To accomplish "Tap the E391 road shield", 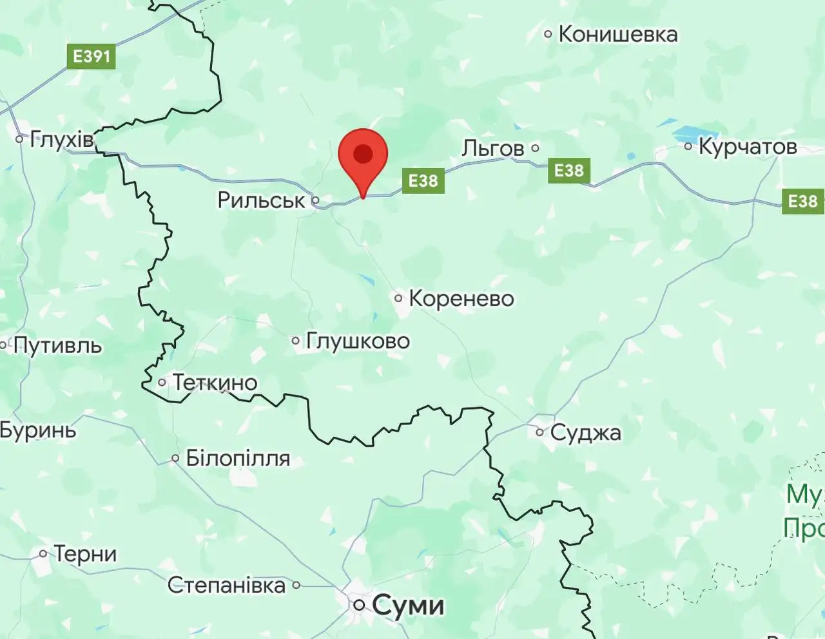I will [x=92, y=56].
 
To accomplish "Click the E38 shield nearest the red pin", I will [x=423, y=180].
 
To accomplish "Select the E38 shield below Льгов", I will [x=568, y=171].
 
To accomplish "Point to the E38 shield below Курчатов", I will [x=802, y=202].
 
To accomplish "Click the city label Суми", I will [x=408, y=605].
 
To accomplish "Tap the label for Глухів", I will [x=61, y=138].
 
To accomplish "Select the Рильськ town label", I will [x=261, y=200].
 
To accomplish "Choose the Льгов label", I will [x=493, y=148].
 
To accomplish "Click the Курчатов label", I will [x=748, y=147].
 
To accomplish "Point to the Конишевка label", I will [x=617, y=34].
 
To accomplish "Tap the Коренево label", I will [x=461, y=298].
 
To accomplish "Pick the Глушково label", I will [x=358, y=341].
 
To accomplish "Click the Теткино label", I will [x=215, y=383].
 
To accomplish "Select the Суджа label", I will [x=585, y=432].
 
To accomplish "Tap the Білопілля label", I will [x=238, y=459].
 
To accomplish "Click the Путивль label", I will [x=57, y=346].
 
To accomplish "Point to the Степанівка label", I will [x=226, y=585].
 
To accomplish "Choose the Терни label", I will [x=85, y=553].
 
